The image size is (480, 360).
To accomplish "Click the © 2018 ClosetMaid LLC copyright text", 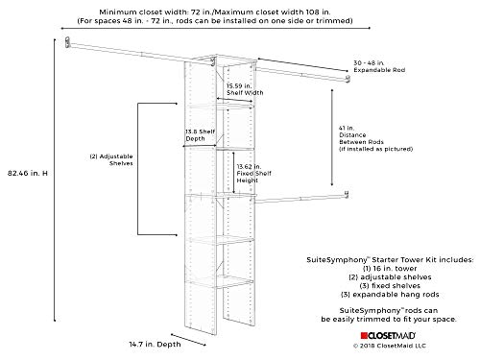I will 392,348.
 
